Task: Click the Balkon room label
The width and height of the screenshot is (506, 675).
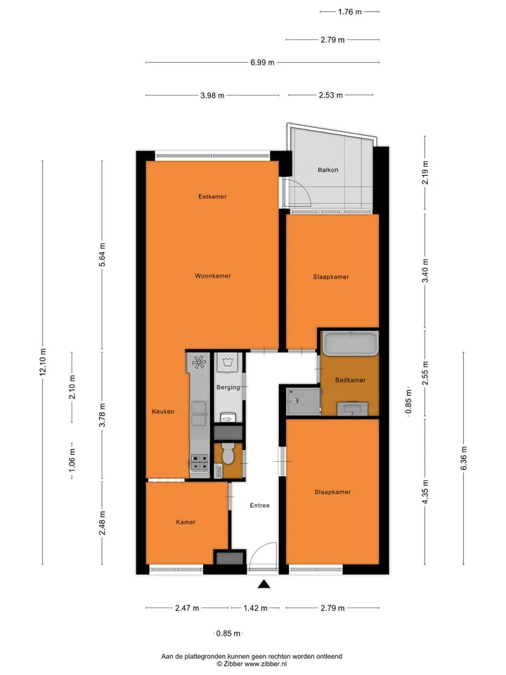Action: coord(328,170)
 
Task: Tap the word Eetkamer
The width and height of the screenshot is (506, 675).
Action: coord(212,197)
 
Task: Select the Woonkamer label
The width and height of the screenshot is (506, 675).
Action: coord(212,276)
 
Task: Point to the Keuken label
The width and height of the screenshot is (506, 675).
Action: coord(163,411)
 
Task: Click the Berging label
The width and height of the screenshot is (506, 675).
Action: coord(228,387)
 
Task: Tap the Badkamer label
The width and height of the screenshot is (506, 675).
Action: coord(350,380)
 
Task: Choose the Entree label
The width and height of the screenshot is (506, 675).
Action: coord(260,506)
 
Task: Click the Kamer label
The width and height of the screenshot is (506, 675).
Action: coord(186,522)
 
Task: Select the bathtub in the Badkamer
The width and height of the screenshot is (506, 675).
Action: coord(350,344)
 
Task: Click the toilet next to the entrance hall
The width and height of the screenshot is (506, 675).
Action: coord(228,454)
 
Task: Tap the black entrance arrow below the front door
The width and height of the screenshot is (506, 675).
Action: coord(264,584)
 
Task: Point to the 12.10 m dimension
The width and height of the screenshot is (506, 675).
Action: coord(43,362)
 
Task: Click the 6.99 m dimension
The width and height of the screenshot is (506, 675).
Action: coord(262,63)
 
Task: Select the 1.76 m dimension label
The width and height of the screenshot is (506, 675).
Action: coord(350,12)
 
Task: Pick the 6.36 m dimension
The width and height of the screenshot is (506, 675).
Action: coord(464,458)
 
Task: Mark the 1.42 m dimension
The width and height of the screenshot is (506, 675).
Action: coord(256,608)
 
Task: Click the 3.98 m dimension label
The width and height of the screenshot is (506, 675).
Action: coord(212,95)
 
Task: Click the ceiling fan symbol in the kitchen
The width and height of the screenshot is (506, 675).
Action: coord(199,363)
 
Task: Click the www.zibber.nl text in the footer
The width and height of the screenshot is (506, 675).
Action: coord(266,664)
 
